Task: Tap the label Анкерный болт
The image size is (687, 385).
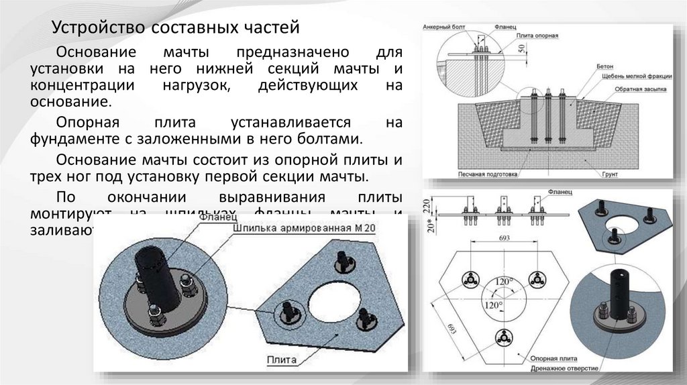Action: tap(441, 27)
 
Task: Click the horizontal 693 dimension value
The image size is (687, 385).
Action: tap(503, 238)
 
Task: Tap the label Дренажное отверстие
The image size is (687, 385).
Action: tap(562, 368)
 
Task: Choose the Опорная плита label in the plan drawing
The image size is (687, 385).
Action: tap(552, 359)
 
